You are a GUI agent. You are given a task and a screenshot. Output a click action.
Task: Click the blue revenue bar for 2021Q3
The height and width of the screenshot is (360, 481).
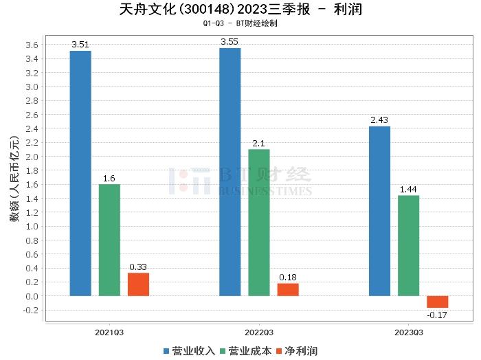tap(80, 173)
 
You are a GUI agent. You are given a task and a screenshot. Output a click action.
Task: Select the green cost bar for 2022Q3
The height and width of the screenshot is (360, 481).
tap(259, 223)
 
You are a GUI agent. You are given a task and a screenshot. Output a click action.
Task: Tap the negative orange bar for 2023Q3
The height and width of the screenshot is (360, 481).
tap(437, 302)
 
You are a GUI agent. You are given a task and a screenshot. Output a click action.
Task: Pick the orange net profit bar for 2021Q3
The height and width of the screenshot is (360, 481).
tap(138, 284)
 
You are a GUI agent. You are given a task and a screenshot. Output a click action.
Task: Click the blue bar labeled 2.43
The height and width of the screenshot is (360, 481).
tap(379, 211)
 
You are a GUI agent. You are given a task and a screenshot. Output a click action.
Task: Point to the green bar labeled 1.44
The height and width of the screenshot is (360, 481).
tap(408, 245)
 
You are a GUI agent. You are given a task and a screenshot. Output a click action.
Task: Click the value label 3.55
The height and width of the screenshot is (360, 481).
tap(230, 42)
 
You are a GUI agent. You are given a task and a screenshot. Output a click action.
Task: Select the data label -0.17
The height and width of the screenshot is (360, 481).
tap(437, 315)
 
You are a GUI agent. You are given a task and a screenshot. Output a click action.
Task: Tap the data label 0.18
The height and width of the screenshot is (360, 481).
tap(288, 278)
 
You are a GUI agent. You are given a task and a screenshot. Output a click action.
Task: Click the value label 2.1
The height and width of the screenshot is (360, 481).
tap(259, 143)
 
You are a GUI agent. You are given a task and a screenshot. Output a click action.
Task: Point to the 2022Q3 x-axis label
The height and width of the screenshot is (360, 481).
tap(258, 332)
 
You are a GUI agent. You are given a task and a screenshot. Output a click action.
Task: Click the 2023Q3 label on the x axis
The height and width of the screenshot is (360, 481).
tap(408, 332)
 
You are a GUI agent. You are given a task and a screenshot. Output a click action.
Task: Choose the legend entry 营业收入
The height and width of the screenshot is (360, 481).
tap(189, 351)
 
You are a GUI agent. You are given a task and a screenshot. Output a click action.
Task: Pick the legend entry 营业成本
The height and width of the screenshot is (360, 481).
tap(245, 351)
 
